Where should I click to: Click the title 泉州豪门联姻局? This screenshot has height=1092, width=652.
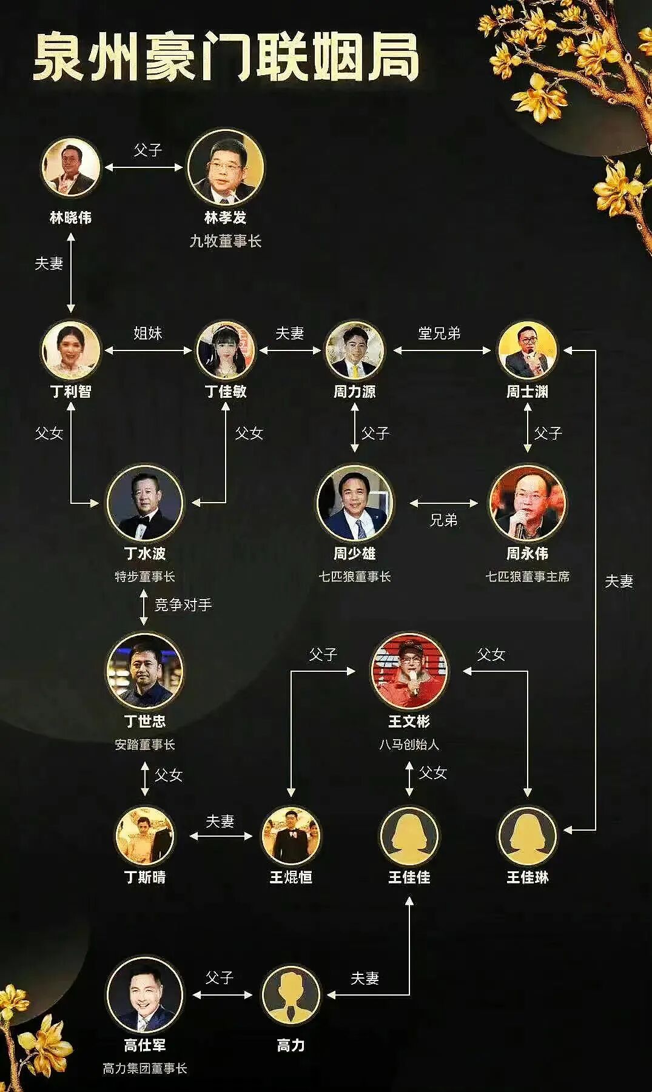tap(226, 58)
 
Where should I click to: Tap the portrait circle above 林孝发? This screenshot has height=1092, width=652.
tap(226, 167)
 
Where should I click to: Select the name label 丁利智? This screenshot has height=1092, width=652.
tap(71, 391)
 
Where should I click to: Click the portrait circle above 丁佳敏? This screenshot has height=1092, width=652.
tap(226, 350)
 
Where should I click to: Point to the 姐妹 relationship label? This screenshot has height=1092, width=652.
tap(148, 333)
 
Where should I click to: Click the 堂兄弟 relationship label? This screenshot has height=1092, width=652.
tap(440, 333)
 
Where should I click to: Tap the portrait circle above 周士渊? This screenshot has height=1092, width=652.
tap(527, 350)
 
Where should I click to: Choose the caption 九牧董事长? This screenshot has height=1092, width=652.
tap(226, 241)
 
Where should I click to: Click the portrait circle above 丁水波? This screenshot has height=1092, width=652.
tap(144, 503)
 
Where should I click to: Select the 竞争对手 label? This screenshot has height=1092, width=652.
tap(183, 605)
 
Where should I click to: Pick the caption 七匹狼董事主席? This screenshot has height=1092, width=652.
tap(527, 577)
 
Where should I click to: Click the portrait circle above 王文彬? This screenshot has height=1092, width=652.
tap(409, 671)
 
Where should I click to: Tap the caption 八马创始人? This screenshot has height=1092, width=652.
tap(409, 744)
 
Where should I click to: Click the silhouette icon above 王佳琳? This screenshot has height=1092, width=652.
tap(527, 836)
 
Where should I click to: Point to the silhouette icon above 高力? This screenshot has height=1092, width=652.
tap(291, 995)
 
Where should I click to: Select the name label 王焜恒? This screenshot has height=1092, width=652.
tap(291, 877)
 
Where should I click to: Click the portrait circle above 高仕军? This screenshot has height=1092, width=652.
tap(144, 995)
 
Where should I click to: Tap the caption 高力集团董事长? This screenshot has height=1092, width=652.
tap(144, 1068)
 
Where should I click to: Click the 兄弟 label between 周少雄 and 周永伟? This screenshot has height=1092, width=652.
tap(443, 520)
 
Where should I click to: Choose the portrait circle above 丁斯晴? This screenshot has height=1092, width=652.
tap(144, 836)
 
